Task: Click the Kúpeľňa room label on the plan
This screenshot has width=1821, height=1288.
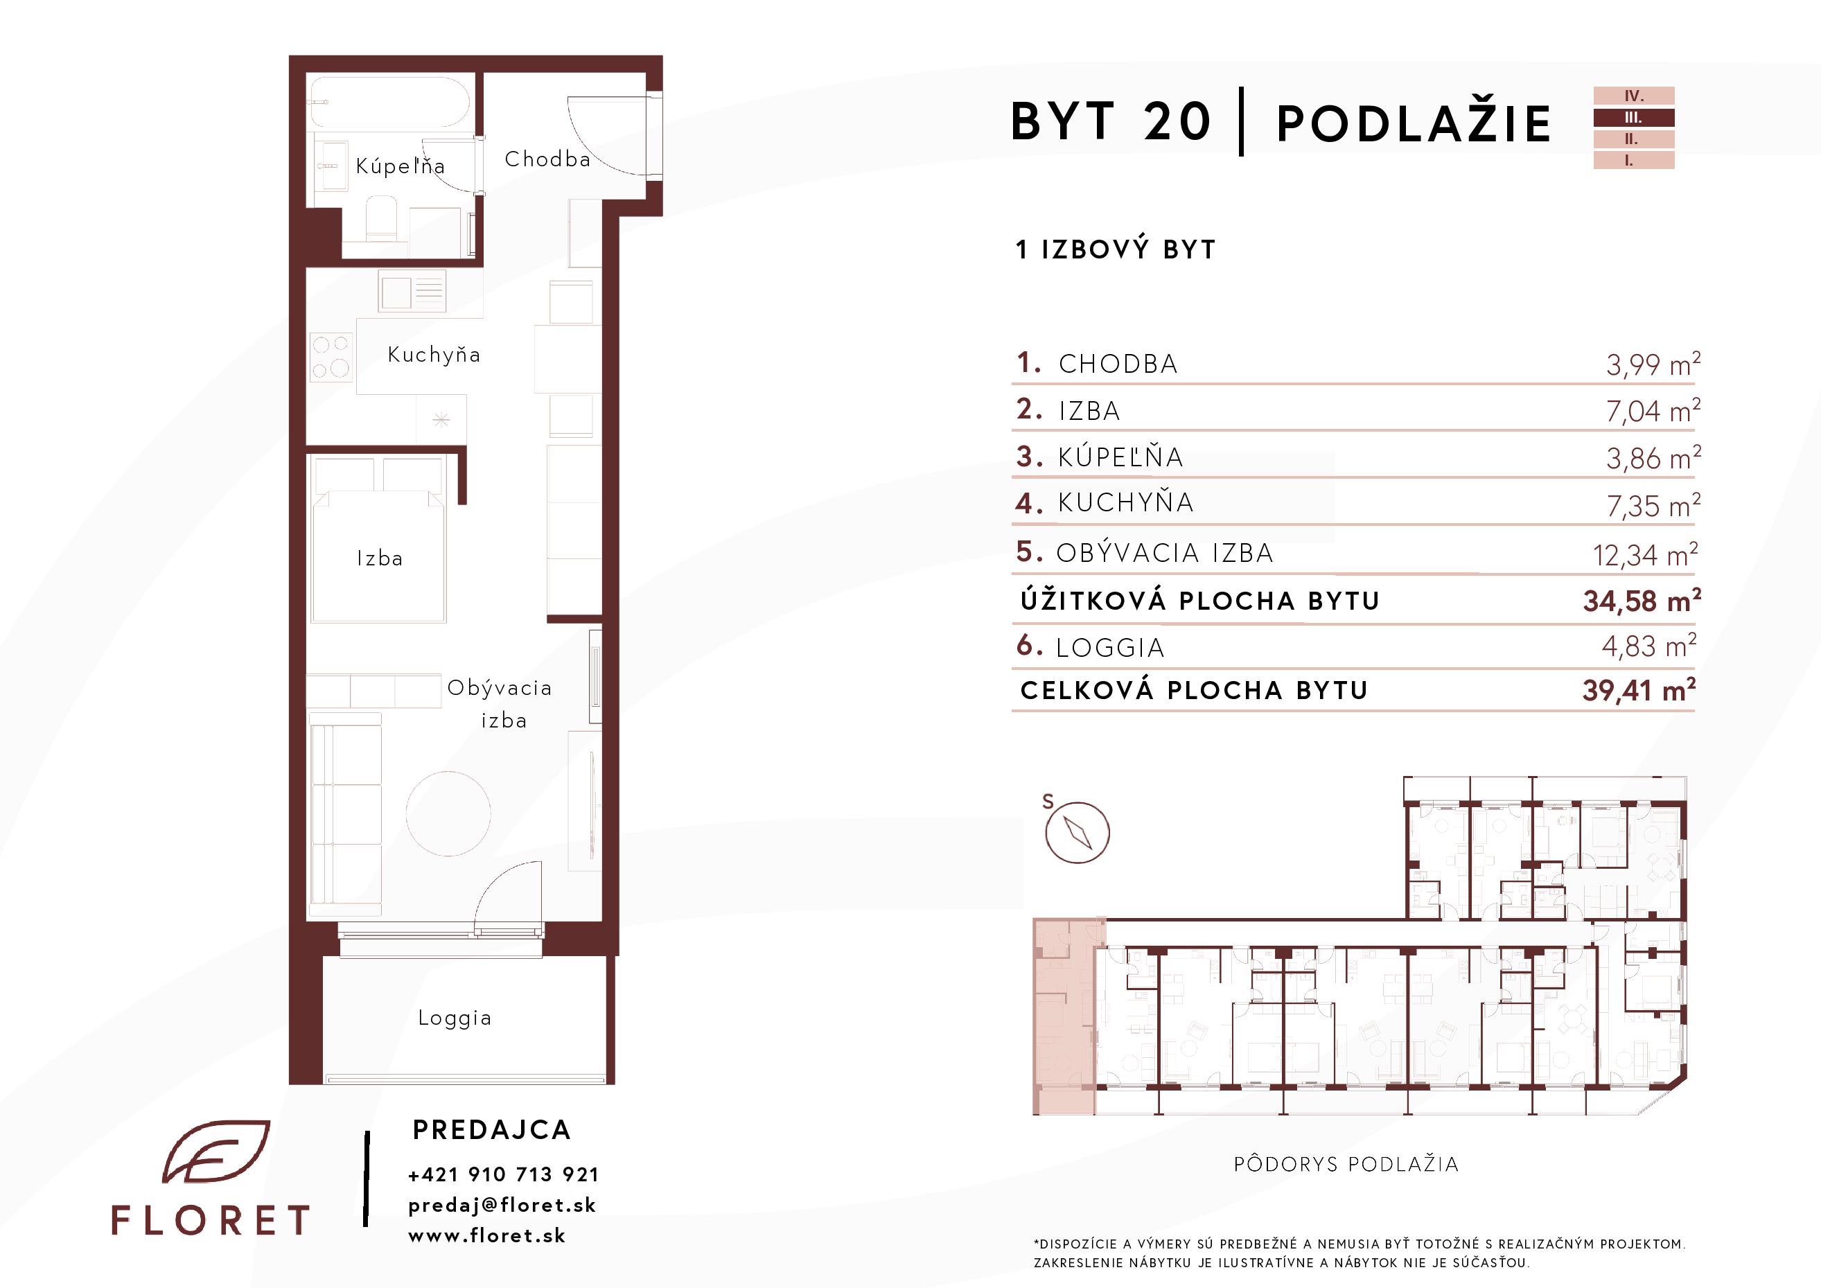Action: (x=400, y=166)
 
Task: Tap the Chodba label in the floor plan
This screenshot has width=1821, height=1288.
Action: (x=547, y=159)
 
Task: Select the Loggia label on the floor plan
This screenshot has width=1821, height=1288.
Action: (x=455, y=1018)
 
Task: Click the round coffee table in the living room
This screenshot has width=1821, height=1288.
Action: (x=448, y=813)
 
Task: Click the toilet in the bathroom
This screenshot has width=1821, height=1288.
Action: (x=382, y=219)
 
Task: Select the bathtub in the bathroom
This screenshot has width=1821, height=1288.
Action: (x=389, y=102)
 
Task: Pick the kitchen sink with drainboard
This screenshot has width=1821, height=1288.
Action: (x=412, y=291)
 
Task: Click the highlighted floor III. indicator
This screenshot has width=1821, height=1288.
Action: (x=1634, y=117)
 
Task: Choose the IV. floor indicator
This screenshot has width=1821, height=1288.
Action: (x=1634, y=96)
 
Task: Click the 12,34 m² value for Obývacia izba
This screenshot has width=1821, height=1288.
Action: (x=1646, y=554)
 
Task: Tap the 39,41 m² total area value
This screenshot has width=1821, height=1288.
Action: (x=1639, y=690)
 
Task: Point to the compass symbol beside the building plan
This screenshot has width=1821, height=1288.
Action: (x=1077, y=832)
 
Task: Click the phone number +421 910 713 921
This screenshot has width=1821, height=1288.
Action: (x=504, y=1174)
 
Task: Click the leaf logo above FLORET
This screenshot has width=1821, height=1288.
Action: (x=215, y=1152)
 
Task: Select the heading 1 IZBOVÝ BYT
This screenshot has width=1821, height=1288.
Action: (x=1115, y=250)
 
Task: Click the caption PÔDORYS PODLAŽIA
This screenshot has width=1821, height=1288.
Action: (x=1346, y=1163)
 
